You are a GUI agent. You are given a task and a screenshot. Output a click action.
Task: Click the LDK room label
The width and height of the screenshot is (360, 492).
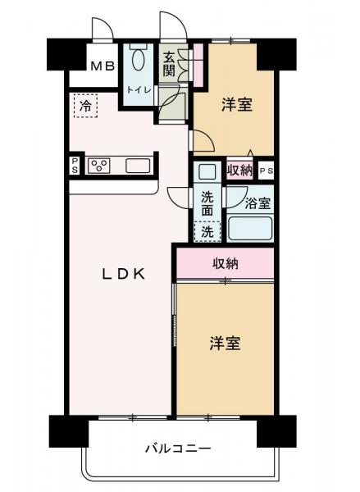(x=124, y=275)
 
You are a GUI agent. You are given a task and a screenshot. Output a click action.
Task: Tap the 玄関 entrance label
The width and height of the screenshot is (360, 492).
(x=168, y=64)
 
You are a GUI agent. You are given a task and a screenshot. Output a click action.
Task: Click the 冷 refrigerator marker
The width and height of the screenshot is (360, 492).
(x=85, y=105)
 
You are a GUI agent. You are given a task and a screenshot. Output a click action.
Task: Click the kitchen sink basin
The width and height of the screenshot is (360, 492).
(x=137, y=166)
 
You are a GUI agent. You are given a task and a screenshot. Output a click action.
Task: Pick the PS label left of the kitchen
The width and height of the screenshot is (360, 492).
(x=75, y=166)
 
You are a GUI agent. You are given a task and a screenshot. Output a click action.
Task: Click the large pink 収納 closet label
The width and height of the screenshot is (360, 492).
(x=226, y=263)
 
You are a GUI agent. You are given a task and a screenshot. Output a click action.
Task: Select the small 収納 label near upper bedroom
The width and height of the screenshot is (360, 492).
(x=240, y=171)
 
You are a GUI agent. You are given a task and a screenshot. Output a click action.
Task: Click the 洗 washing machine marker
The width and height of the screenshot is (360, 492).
(x=208, y=231)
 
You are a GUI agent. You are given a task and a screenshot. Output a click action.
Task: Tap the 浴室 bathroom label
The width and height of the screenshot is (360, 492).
(x=250, y=200)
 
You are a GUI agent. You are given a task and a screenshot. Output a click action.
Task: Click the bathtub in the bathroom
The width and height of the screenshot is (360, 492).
(x=249, y=227)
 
